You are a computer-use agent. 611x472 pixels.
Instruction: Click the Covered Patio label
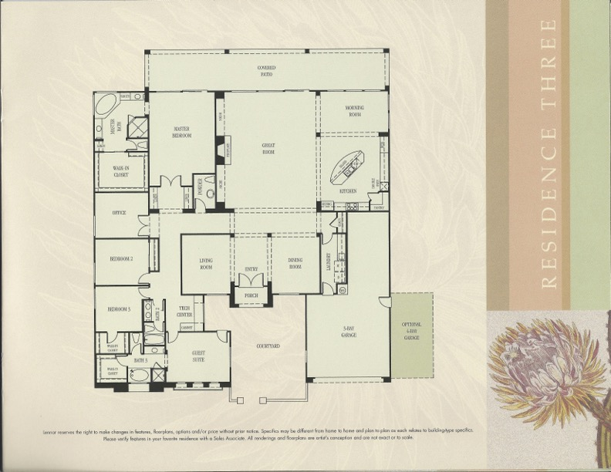(267, 72)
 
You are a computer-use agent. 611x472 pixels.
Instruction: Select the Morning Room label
(354, 111)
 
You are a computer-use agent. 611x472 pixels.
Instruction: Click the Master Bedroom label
(182, 132)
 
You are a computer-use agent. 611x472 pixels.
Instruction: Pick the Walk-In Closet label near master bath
(121, 173)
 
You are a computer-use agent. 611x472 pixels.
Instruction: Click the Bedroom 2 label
(122, 259)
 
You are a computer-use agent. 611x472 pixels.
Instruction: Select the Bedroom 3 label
(119, 309)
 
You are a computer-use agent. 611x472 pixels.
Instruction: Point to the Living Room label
(206, 264)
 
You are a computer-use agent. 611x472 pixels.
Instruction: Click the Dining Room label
(295, 263)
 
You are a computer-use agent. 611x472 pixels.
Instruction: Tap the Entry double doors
(251, 279)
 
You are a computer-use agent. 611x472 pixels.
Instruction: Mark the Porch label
(251, 295)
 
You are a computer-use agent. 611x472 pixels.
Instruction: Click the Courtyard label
(268, 346)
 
